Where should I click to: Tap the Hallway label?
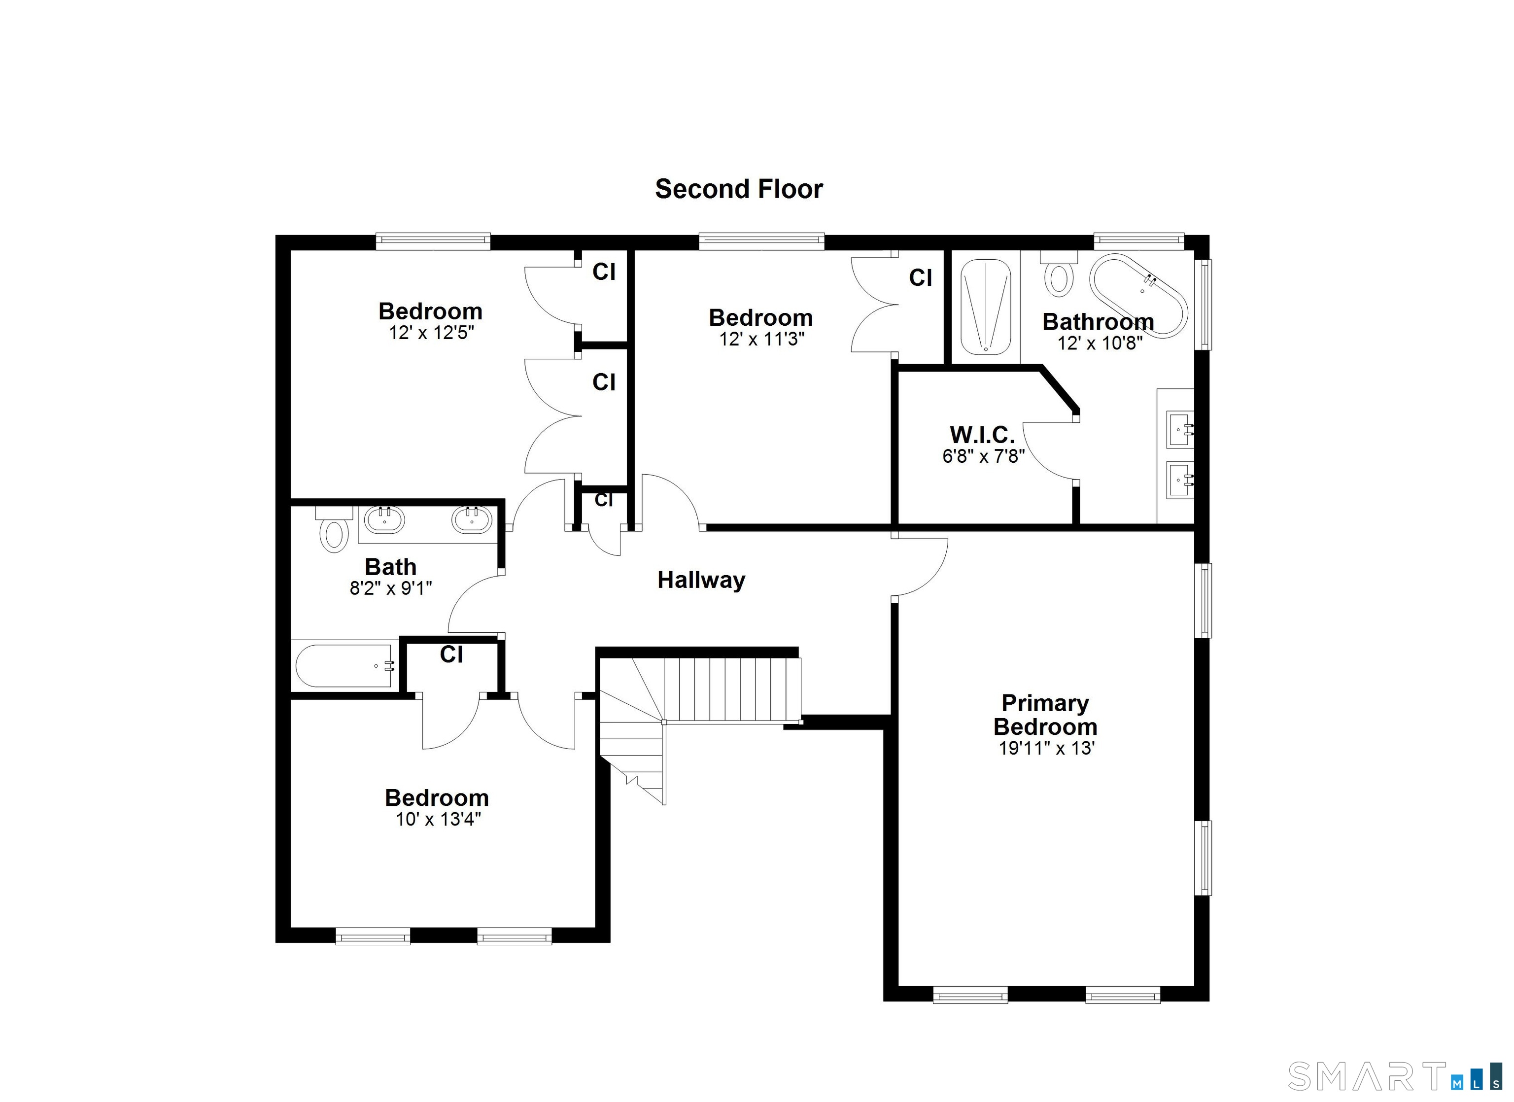(701, 580)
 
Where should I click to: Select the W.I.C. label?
(982, 435)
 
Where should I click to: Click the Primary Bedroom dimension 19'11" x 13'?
(1046, 748)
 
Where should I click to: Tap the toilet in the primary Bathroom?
(1059, 275)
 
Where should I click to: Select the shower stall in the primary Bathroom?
(985, 307)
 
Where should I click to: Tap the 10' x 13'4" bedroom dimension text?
(439, 819)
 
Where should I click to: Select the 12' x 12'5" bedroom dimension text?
(431, 332)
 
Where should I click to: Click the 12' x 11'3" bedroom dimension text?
(761, 339)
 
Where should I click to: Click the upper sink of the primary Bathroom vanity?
(1179, 429)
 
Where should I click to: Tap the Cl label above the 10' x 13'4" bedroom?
(451, 655)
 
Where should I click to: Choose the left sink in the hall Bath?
(384, 520)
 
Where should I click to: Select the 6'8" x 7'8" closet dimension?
(983, 456)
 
